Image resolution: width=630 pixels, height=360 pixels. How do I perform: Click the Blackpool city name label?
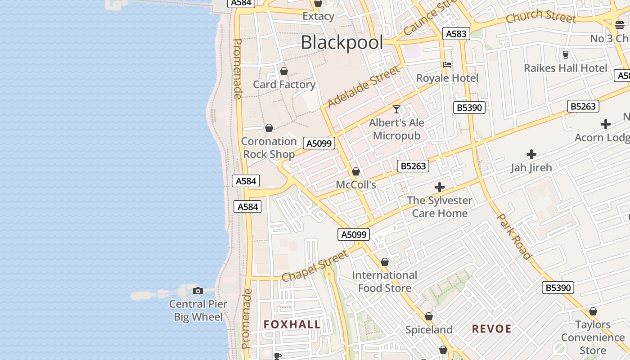[342, 43]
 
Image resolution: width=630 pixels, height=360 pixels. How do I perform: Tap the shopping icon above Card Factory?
[284, 71]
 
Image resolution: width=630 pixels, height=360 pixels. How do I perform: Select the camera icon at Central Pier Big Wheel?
[198, 291]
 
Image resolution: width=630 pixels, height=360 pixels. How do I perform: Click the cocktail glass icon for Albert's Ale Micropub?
[396, 109]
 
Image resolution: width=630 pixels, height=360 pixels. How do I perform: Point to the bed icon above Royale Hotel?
[447, 65]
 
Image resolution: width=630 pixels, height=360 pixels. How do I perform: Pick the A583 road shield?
[456, 34]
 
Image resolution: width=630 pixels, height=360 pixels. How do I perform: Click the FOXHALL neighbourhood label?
[292, 324]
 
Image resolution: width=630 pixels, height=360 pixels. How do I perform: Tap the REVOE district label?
[492, 329]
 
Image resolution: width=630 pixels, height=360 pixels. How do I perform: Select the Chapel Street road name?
[315, 266]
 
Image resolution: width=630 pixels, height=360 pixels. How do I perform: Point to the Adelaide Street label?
[363, 87]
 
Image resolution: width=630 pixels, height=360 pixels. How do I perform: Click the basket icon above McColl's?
[356, 171]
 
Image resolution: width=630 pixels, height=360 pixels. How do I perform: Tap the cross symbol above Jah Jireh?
[531, 154]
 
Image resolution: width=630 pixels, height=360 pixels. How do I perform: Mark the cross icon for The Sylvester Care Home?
[440, 187]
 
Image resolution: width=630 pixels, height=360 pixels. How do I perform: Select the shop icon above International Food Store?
[385, 262]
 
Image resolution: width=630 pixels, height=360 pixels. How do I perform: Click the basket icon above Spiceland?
[429, 317]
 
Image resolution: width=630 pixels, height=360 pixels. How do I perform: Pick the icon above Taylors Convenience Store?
[593, 311]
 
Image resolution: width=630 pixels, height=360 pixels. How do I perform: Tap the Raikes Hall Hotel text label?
[566, 68]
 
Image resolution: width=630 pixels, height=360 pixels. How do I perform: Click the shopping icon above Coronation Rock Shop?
[269, 128]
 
